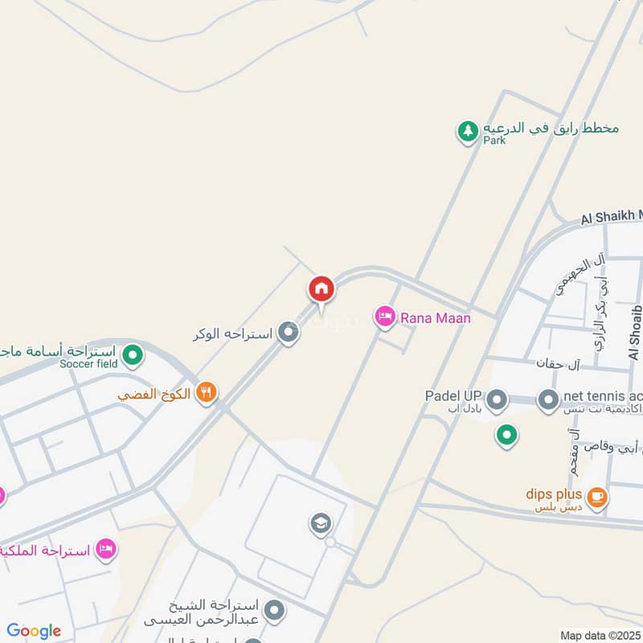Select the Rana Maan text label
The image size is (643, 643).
coord(437,318)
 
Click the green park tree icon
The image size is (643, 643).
coord(468,131)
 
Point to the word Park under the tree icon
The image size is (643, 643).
coord(494,140)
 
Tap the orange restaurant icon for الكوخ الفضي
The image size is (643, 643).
coord(207,393)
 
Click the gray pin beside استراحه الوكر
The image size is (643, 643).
coord(289,333)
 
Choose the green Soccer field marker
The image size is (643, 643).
coord(133,353)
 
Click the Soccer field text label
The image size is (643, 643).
coord(88,364)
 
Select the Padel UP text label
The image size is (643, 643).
coord(453,395)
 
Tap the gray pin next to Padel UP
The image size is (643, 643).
coord(497,399)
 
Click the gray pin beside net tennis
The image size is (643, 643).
coord(548,399)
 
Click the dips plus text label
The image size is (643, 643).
coord(554,495)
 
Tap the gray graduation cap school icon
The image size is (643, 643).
coord(321,525)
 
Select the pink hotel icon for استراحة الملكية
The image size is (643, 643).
coord(105,549)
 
